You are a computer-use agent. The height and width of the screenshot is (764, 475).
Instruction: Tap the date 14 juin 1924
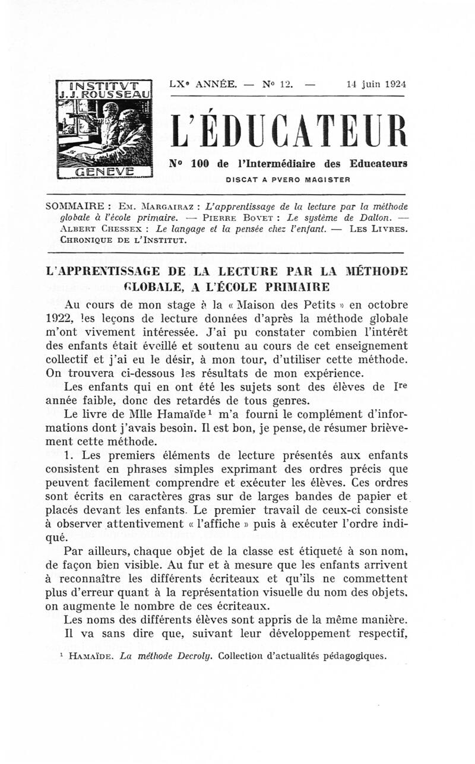pos(372,84)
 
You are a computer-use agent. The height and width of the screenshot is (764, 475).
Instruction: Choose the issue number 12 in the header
pos(287,84)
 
